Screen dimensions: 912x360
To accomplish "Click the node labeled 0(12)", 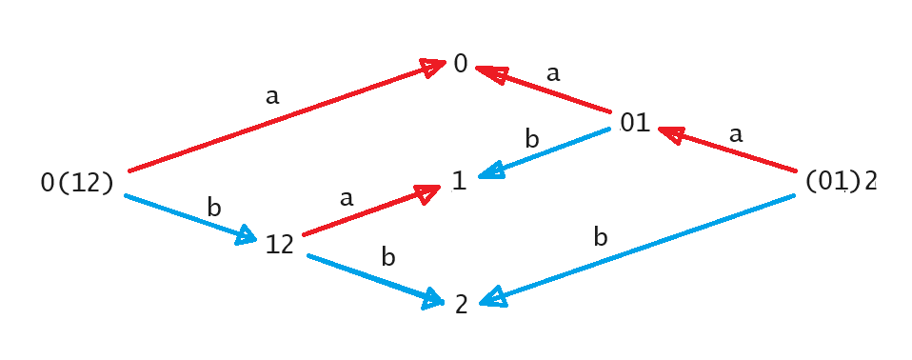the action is coord(77,183).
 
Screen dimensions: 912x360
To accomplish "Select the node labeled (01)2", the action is coord(841,182).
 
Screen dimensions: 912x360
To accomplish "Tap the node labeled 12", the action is coord(280,244).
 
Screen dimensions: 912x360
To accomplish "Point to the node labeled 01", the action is coord(635,123).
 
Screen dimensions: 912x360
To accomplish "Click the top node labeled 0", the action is coord(461,65).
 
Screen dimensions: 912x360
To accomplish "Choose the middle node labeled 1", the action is coord(460,182).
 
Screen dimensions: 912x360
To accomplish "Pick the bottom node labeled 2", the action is coord(461,305).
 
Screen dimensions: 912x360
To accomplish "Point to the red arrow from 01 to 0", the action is coord(543,90).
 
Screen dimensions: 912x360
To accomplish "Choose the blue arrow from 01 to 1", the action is coord(544,156).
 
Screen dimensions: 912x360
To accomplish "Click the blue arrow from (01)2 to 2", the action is coord(638,250).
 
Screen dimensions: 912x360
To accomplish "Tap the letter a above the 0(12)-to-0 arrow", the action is coord(273,95).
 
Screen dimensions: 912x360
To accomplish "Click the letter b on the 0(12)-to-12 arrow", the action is coord(213,206).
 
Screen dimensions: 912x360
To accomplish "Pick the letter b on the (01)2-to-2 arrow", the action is coord(600,236).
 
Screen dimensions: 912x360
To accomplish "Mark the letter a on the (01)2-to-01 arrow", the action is coord(735,134).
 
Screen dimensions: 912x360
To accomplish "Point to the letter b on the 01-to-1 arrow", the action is coord(532,139).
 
